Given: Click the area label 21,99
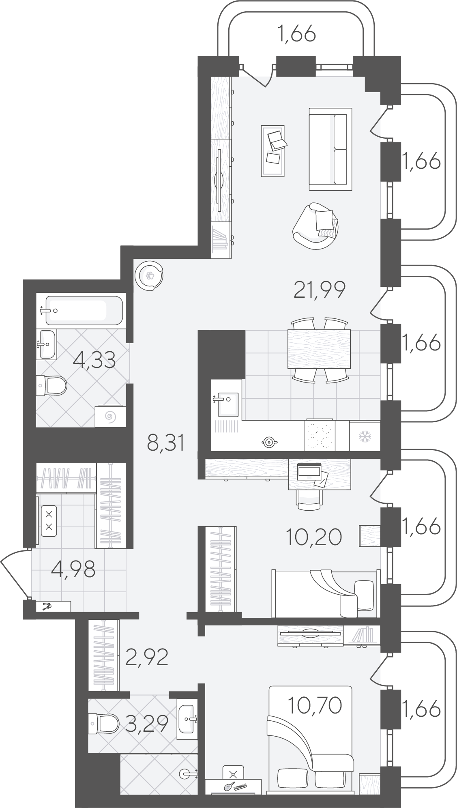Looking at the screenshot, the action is (319, 290).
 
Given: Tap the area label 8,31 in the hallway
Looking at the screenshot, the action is (166, 443).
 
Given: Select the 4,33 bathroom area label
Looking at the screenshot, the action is (94, 359).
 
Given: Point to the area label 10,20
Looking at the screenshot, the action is (313, 537).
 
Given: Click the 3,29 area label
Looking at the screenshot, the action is (146, 723).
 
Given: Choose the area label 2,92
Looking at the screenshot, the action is (146, 657).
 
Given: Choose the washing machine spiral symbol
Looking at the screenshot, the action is (109, 416).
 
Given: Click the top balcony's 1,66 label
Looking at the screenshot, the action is (296, 34).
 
